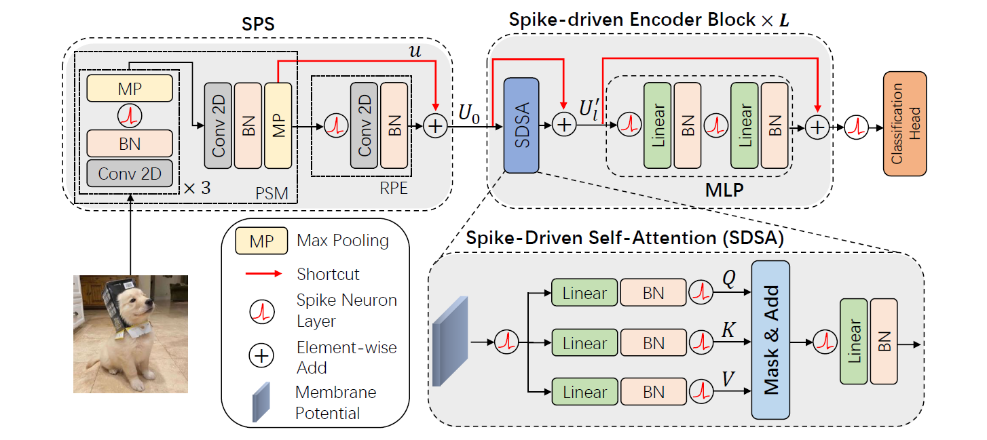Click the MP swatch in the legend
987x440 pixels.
[x=262, y=241]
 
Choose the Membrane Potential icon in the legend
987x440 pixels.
[x=261, y=403]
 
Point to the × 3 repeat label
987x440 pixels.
[x=198, y=188]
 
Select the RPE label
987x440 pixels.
[x=394, y=188]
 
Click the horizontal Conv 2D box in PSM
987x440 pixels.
[x=130, y=174]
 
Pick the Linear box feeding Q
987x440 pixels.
[x=584, y=293]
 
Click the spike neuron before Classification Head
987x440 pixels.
[x=857, y=125]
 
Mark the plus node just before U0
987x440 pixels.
[x=434, y=125]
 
